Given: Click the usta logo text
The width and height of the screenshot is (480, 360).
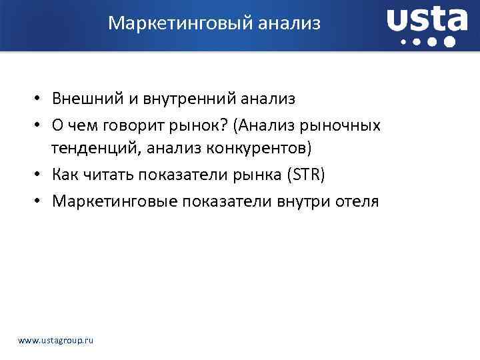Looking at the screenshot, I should tap(427, 21).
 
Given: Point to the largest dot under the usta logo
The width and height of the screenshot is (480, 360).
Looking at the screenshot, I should tap(449, 41).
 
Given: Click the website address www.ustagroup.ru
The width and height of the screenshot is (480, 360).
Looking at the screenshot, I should tap(56, 340).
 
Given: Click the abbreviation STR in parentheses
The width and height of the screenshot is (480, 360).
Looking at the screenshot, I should tap(306, 175).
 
